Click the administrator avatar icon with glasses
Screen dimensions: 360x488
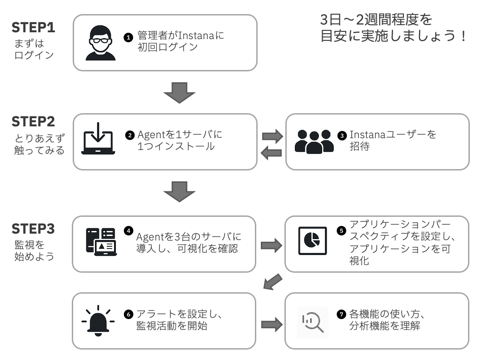101,43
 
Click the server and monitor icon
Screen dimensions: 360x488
100,242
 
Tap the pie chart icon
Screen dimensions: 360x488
312,242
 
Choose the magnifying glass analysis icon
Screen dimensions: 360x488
312,321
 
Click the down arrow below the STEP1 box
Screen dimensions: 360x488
179,93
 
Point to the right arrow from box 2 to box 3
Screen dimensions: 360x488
272,135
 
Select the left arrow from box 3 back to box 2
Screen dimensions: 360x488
271,154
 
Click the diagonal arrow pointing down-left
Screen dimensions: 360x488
274,282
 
